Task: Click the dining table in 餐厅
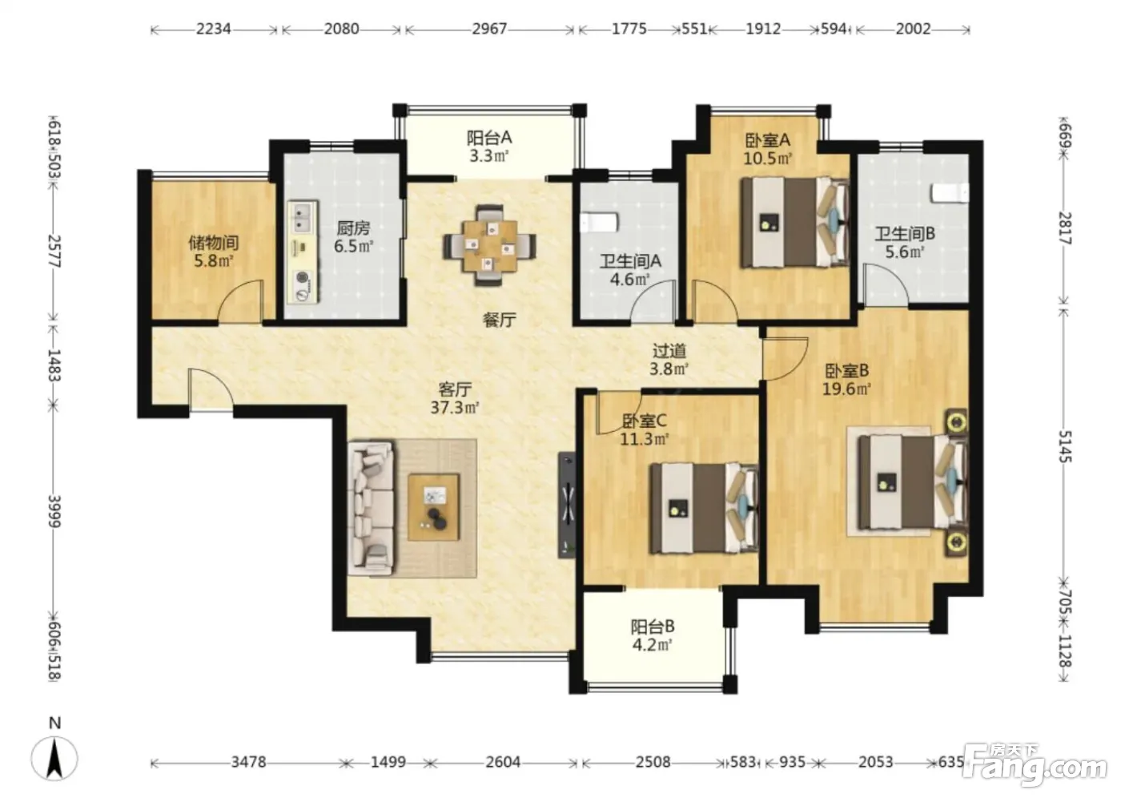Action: point(489,245)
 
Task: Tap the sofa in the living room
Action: point(372,509)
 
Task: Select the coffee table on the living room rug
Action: point(433,507)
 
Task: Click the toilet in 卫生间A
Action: point(599,222)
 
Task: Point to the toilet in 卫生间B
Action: point(950,193)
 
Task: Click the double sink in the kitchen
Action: point(303,218)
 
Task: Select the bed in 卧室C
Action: point(704,508)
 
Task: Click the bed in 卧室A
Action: point(794,222)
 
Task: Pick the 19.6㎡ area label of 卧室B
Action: point(846,389)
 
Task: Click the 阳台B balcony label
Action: point(652,627)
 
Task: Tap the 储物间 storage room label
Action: point(213,243)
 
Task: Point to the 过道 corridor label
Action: point(669,351)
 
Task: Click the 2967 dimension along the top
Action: point(489,29)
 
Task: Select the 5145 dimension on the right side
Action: point(1064,446)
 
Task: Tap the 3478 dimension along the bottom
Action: point(249,762)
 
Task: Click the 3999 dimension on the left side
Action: point(54,512)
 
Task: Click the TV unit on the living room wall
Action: point(567,505)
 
